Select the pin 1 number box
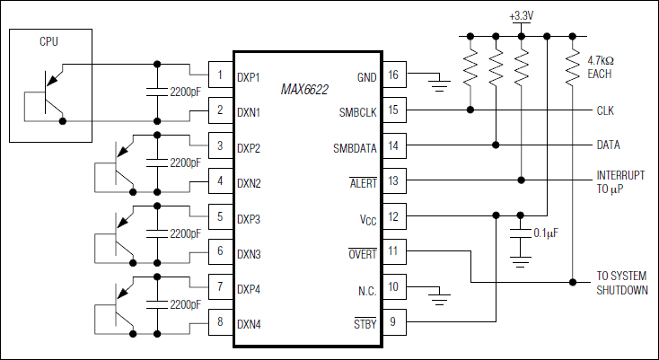click(x=220, y=75)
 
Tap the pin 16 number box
click(x=392, y=75)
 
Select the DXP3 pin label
click(x=249, y=216)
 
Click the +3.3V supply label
click(x=521, y=16)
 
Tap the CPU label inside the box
click(x=49, y=41)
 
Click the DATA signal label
click(x=609, y=145)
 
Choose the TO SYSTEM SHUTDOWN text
click(x=621, y=283)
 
